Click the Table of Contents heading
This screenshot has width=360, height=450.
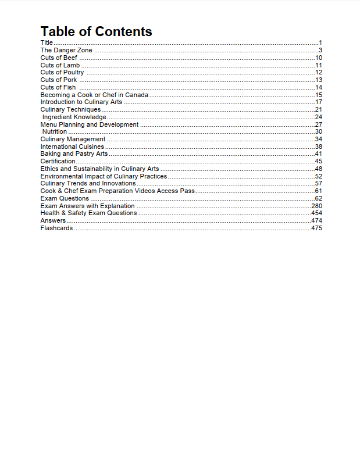tap(96, 31)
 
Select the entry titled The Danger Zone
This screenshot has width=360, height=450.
tap(66, 51)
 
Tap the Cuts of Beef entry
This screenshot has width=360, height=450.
tap(59, 58)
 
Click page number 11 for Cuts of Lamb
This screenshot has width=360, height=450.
tap(318, 65)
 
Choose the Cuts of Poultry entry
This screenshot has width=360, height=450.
tap(62, 73)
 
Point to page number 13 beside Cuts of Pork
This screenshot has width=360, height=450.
tap(319, 80)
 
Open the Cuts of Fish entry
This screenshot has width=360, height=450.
tap(58, 87)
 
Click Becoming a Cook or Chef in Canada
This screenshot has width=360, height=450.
tap(94, 95)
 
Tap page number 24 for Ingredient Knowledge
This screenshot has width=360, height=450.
tap(319, 117)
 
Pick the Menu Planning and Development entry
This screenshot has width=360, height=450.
tap(90, 124)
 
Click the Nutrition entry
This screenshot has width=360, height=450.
tap(55, 131)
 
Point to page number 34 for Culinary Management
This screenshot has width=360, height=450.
tap(319, 139)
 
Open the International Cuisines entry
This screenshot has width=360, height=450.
tap(72, 147)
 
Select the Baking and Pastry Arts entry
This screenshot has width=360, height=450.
tap(74, 154)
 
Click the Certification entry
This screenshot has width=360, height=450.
tap(58, 161)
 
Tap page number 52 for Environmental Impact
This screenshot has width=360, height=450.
tap(319, 176)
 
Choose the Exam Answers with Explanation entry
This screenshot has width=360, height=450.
tap(87, 206)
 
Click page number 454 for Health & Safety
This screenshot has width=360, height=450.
tap(317, 213)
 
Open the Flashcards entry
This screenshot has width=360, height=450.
tap(56, 228)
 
